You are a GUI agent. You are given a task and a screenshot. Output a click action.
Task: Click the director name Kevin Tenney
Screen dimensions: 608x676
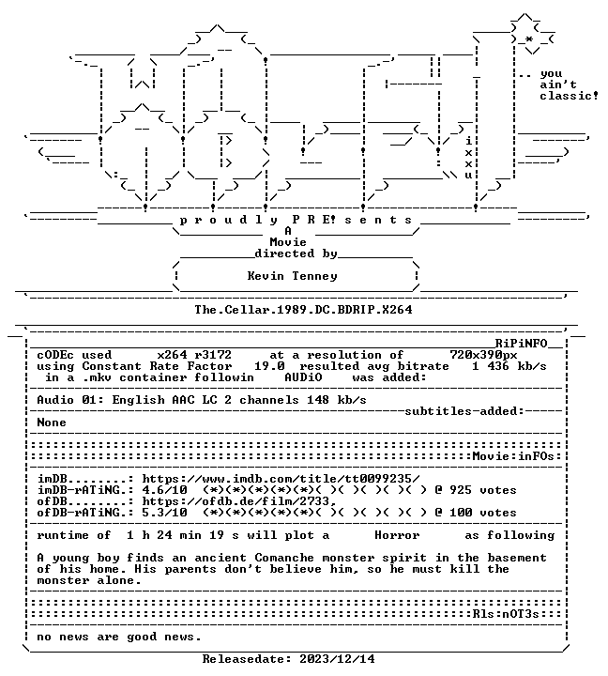tap(292, 276)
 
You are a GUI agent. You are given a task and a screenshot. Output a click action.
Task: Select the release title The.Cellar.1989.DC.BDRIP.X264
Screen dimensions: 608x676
tap(303, 310)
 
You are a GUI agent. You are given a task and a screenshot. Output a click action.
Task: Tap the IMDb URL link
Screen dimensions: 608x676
tap(281, 479)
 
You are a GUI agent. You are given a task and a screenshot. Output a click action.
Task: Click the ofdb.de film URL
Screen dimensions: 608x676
tap(239, 501)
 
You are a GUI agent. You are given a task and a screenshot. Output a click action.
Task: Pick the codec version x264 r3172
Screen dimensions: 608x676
tap(194, 355)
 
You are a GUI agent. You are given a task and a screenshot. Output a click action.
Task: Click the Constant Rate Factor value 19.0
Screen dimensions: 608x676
tap(269, 366)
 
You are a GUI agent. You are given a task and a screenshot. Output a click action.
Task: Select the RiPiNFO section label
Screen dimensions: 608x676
tap(521, 344)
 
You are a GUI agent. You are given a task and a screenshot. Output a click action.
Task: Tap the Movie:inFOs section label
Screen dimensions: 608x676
tap(513, 456)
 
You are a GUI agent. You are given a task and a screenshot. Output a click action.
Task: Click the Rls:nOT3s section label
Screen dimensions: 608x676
tap(506, 614)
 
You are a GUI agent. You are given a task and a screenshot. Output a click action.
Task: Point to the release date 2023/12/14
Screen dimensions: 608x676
tap(338, 659)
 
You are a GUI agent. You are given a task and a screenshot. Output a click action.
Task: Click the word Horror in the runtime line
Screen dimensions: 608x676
tap(397, 535)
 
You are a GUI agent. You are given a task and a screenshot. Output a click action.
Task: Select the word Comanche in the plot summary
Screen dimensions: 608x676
tap(284, 558)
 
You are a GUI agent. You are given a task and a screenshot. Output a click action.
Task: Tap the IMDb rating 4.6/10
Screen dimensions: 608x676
tap(164, 491)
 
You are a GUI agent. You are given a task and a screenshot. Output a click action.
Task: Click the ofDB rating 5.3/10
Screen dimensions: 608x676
tap(164, 513)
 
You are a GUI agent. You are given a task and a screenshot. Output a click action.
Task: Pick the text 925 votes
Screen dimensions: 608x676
tap(483, 491)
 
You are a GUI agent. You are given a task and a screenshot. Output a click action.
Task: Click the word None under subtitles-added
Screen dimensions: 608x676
tap(52, 422)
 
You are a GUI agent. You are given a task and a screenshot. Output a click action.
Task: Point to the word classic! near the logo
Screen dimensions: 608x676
tap(570, 96)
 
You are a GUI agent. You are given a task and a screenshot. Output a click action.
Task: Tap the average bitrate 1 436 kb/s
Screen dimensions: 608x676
tap(509, 366)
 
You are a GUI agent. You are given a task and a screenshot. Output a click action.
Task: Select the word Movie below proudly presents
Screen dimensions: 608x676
tap(288, 242)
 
